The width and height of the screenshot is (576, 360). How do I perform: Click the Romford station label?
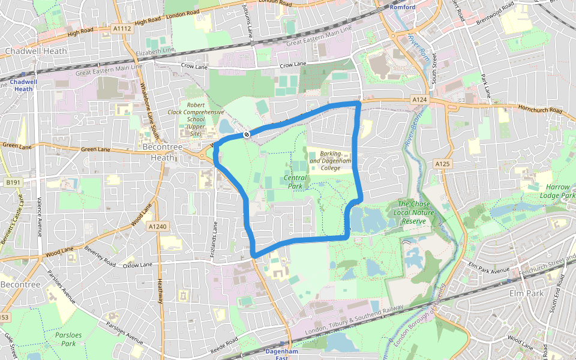pyautogui.click(x=402, y=7)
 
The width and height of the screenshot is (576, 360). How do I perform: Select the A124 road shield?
pyautogui.click(x=419, y=99)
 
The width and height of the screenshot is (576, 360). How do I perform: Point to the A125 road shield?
pyautogui.click(x=442, y=164)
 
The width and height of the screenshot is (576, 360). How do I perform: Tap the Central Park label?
pyautogui.click(x=295, y=182)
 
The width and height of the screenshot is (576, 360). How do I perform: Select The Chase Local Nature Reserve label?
pyautogui.click(x=414, y=212)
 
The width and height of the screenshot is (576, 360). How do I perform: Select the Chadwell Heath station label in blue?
pyautogui.click(x=23, y=85)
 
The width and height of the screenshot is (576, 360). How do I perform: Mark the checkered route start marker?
pyautogui.click(x=246, y=134)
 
